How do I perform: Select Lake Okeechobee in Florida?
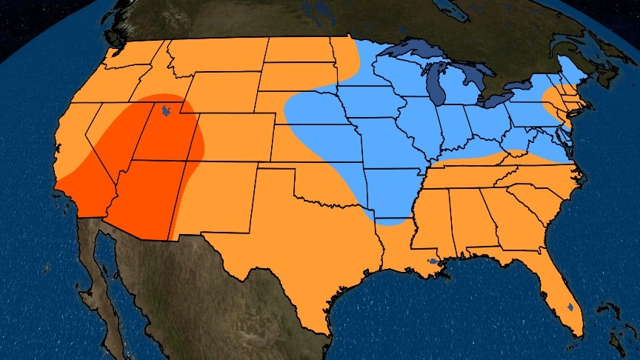click(570, 306)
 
